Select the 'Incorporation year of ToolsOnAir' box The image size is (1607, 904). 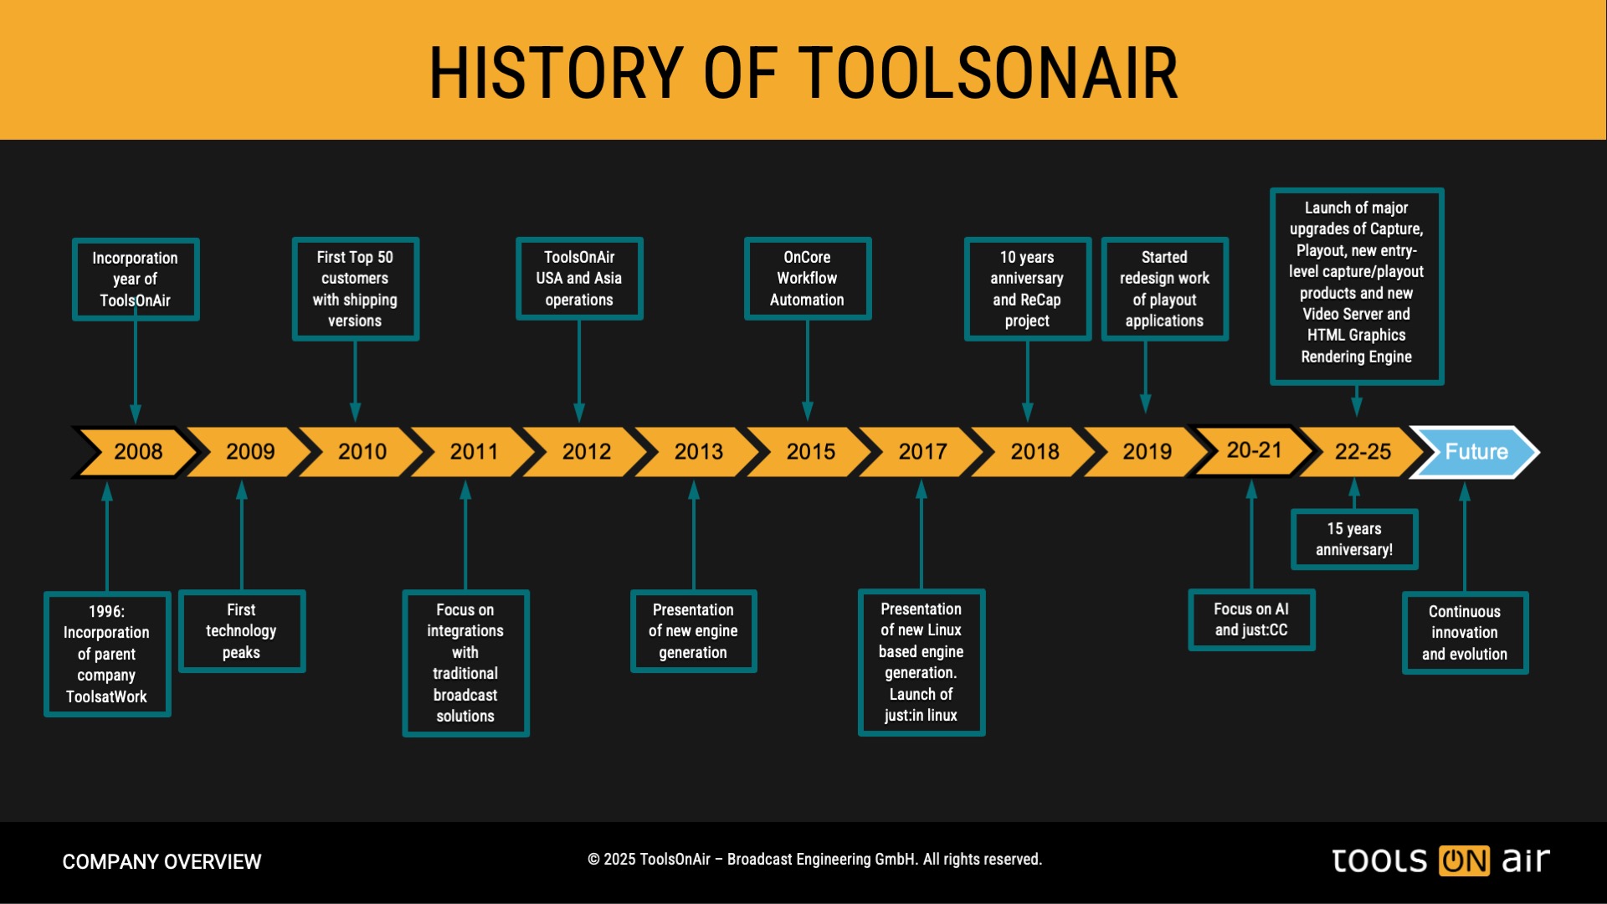(136, 280)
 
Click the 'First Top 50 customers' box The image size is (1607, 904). (355, 289)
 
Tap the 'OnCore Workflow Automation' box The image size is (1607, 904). (808, 279)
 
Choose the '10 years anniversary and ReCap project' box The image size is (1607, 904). (1027, 289)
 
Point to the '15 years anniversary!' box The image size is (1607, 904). (1354, 539)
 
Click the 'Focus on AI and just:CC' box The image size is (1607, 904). (1251, 619)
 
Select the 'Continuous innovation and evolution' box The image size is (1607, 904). (1465, 633)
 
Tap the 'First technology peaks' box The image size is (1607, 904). (242, 631)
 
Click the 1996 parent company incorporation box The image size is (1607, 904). (107, 654)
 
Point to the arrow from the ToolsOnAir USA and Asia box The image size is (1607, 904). (579, 371)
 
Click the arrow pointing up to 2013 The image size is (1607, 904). (694, 535)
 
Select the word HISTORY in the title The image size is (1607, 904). (557, 73)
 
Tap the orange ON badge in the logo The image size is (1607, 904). (1464, 860)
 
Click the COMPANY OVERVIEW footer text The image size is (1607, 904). (162, 861)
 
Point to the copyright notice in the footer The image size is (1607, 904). (814, 860)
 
